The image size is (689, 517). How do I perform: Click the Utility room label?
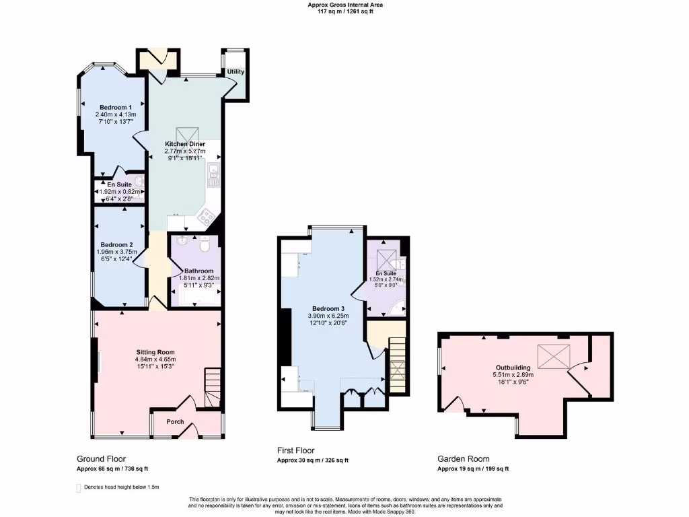235,72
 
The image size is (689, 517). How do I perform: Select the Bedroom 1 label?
116,107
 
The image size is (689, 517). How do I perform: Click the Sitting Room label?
155,352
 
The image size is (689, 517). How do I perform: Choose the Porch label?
175,422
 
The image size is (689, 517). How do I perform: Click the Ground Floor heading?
101,458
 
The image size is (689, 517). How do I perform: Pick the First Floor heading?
295,450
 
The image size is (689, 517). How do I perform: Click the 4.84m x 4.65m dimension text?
155,359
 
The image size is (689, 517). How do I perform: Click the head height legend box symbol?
78,487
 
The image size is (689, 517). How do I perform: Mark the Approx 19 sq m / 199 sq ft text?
473,469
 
